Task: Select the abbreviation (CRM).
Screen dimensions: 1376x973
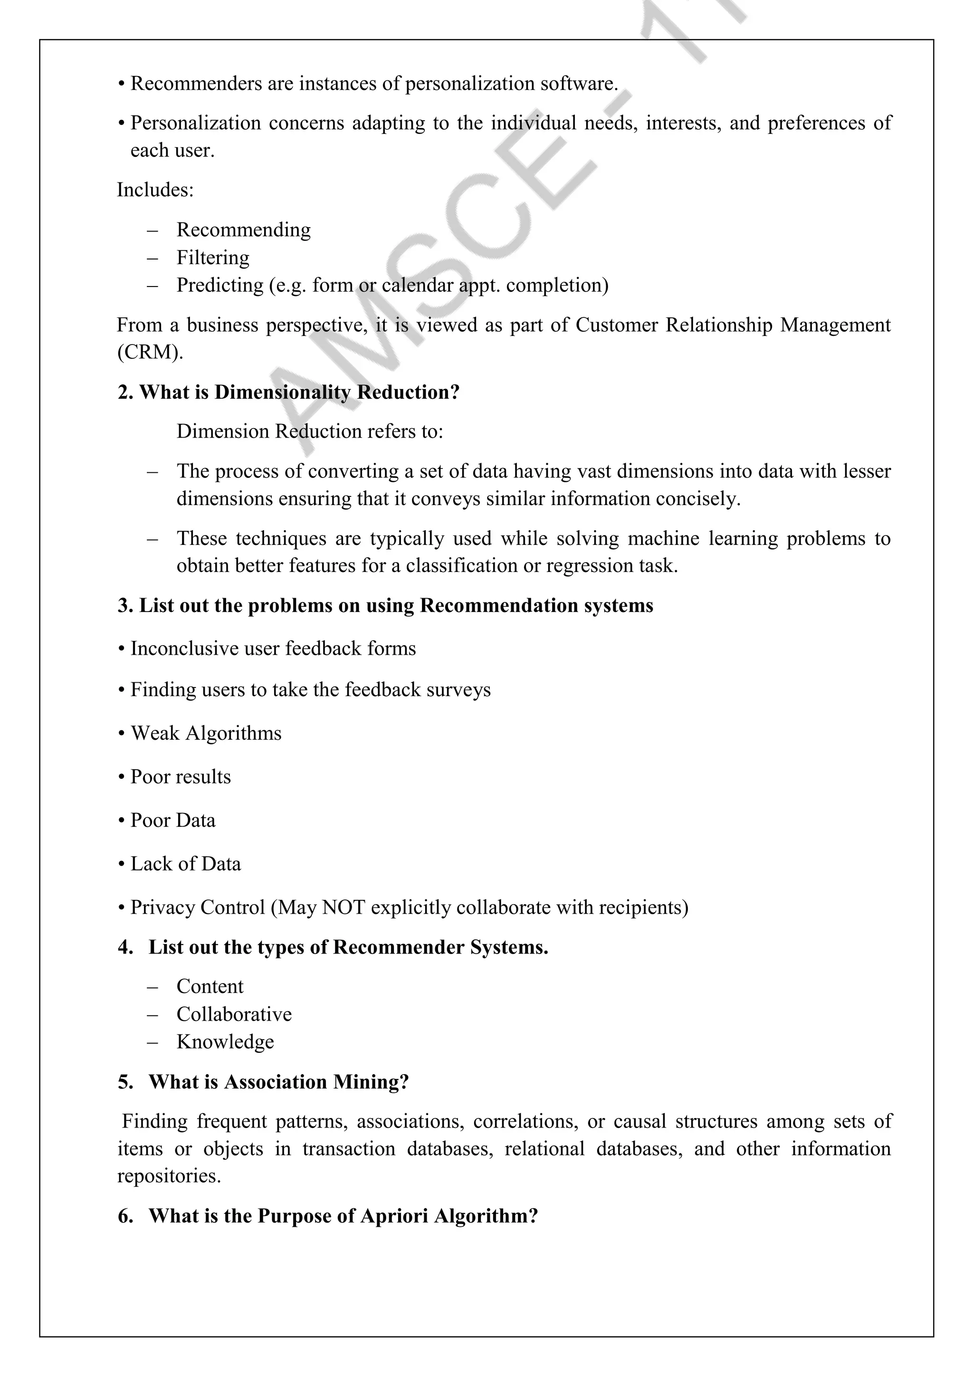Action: coord(150,352)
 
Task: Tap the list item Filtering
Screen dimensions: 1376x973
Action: coord(213,257)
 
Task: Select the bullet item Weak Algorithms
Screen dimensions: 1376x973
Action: coord(206,733)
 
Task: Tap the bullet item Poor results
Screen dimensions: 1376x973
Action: coord(181,777)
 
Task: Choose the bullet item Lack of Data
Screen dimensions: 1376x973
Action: coord(186,864)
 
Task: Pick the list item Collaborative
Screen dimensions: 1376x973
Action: coord(234,1014)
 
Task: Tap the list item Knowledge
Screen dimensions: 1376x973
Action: coord(225,1042)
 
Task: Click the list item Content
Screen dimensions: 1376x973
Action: coord(210,986)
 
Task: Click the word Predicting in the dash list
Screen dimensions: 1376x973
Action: coord(219,285)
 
